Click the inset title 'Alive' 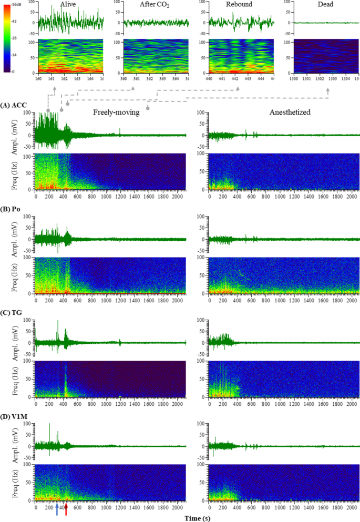pos(68,4)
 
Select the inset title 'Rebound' pos(240,4)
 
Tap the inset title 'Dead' pos(321,4)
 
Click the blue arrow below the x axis pos(57,508)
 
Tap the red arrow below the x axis pos(66,508)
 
